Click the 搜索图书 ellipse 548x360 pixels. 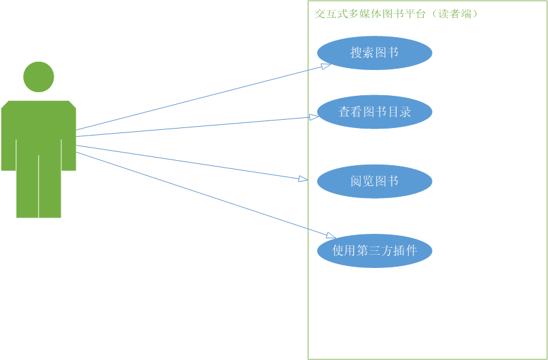coord(375,53)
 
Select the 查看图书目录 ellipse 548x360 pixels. coord(375,112)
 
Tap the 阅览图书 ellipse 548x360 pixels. coord(375,182)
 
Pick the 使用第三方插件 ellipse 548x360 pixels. coord(375,251)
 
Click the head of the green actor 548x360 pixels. coord(38,77)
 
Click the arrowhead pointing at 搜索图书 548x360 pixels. coord(325,66)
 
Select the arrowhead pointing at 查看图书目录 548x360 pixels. coord(313,117)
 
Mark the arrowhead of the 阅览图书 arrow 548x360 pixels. coord(303,179)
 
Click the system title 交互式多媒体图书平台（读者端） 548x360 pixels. coord(396,14)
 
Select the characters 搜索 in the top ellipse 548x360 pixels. coord(363,53)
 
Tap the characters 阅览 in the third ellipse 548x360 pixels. coord(363,182)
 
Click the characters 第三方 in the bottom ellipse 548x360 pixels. coord(375,251)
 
